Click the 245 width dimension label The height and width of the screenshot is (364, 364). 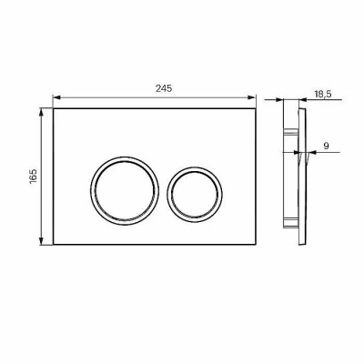click(164, 88)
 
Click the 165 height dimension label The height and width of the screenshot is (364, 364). click(33, 176)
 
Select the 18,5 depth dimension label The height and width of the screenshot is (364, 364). click(323, 94)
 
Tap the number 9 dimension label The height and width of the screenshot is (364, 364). click(326, 146)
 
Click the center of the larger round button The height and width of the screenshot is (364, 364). click(125, 191)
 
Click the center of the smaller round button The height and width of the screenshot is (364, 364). click(195, 194)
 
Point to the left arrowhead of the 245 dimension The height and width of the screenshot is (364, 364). click(57, 97)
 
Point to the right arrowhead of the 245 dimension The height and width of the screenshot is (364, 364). click(252, 97)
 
